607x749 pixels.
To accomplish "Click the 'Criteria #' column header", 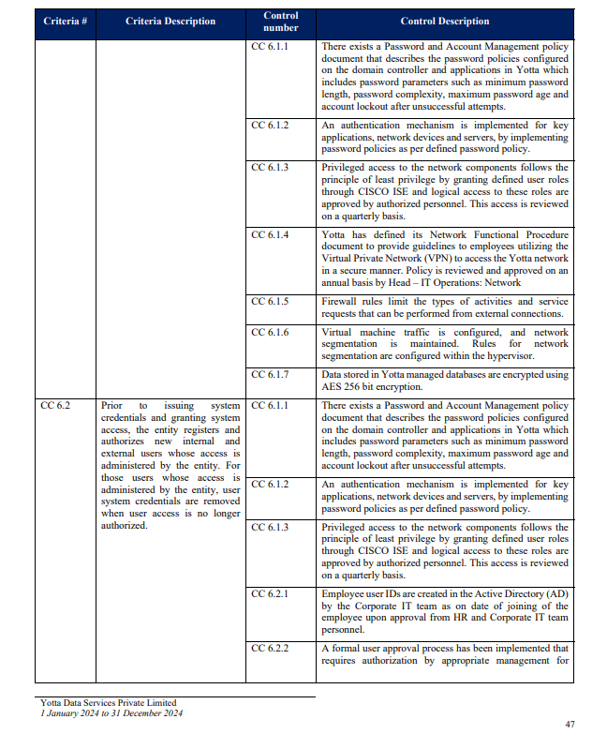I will tap(65, 22).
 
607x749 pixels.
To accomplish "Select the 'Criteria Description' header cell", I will tap(170, 22).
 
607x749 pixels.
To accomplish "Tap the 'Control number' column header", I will tap(281, 22).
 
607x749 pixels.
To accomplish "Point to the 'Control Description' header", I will tap(444, 22).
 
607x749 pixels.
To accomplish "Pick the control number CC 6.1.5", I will tap(270, 302).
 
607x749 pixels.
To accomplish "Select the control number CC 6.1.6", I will tap(270, 332).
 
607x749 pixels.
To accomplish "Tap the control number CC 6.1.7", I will tap(270, 375).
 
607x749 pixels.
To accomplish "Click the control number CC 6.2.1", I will tap(270, 594).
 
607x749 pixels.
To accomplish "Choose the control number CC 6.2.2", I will tap(270, 648).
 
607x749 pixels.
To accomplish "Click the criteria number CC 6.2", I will tap(55, 406).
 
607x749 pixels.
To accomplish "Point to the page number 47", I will tap(570, 724).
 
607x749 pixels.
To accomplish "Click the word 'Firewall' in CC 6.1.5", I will tap(339, 302).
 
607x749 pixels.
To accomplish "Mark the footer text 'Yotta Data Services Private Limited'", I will tap(108, 703).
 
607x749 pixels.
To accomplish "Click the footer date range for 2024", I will tap(111, 713).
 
